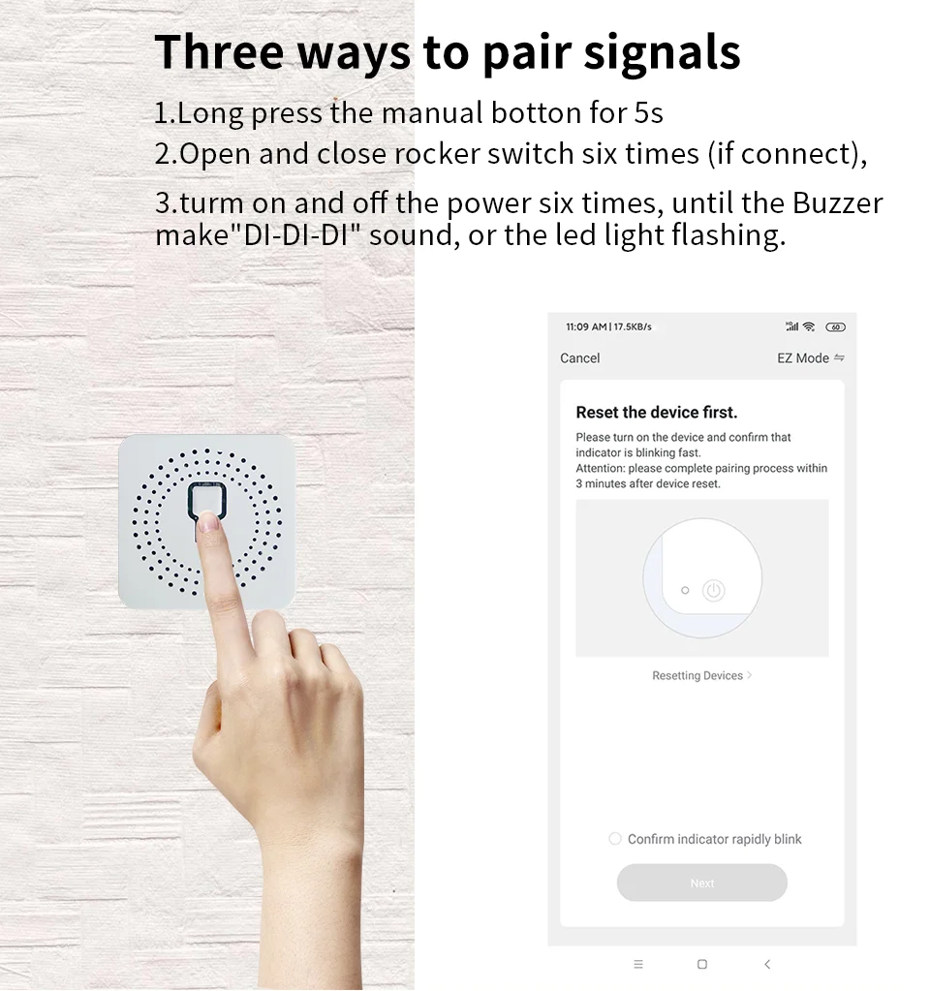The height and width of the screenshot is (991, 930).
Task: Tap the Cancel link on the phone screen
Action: tap(579, 358)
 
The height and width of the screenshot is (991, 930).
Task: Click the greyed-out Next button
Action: tap(701, 883)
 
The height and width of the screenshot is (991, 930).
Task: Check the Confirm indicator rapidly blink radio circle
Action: tap(614, 839)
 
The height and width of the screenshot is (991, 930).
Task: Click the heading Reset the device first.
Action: tap(656, 413)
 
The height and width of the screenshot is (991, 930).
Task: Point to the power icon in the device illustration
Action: tap(713, 590)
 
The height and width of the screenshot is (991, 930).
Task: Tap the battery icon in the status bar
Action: tap(835, 327)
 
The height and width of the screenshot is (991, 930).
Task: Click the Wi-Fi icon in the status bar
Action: tap(809, 327)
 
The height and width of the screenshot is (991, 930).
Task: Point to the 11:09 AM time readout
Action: tap(586, 327)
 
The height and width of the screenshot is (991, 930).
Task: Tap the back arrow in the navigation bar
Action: tap(767, 964)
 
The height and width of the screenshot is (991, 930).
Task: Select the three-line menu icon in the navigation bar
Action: tap(637, 964)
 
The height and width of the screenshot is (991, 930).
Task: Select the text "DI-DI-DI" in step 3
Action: tap(300, 235)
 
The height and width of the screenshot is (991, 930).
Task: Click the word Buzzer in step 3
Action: tap(837, 203)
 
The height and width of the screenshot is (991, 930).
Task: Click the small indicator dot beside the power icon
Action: tap(685, 590)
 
